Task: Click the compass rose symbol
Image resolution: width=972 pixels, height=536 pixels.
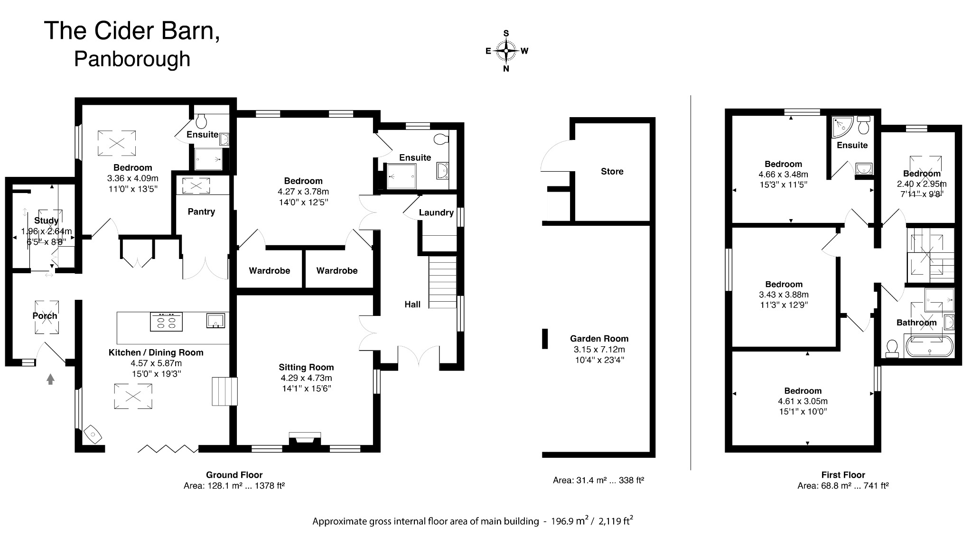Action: tap(506, 51)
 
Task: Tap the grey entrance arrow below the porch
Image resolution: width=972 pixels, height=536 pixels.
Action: tap(50, 379)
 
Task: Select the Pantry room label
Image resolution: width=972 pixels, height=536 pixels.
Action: tap(201, 212)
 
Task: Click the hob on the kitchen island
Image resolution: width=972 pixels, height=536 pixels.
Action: tap(166, 322)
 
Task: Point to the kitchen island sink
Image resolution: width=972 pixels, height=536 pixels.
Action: tap(216, 321)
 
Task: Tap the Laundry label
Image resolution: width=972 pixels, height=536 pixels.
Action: tap(436, 213)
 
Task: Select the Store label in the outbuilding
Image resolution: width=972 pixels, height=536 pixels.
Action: tap(612, 171)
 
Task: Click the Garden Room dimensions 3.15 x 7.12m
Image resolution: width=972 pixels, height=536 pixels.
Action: tap(599, 349)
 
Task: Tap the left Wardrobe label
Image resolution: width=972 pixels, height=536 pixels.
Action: tap(269, 271)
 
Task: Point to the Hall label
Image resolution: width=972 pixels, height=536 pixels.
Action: tap(412, 305)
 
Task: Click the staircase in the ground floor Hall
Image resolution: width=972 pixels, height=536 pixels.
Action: tap(442, 282)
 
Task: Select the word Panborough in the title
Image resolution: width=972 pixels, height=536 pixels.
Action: tap(132, 59)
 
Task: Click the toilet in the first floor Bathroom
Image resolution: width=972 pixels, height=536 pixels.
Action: tap(892, 348)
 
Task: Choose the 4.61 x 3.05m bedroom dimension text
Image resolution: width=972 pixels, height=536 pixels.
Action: tap(803, 401)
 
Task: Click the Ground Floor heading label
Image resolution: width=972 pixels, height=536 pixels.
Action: tap(234, 475)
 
